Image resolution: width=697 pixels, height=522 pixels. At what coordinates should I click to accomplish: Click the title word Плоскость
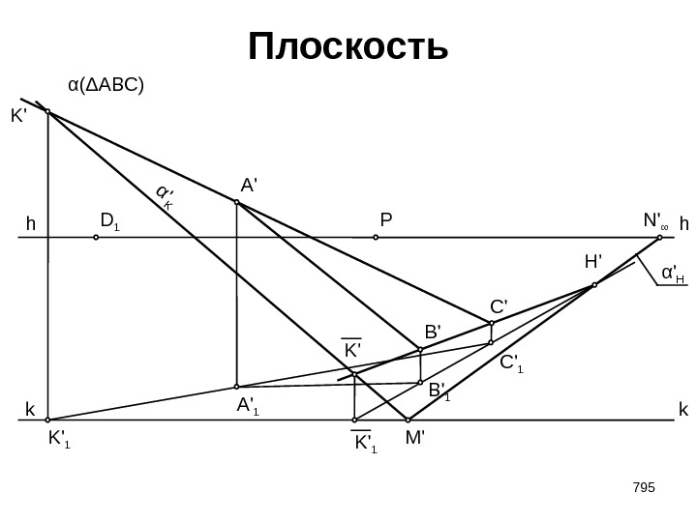348,45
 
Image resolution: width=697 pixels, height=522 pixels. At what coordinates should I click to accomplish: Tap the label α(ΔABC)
106,85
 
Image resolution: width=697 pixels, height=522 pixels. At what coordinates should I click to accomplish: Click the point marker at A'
236,203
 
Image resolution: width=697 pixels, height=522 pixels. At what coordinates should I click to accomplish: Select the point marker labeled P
376,235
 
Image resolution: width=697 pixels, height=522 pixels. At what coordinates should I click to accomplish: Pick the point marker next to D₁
96,235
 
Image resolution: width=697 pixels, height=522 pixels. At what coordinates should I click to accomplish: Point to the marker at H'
594,285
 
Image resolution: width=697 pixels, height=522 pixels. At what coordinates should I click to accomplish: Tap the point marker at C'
492,323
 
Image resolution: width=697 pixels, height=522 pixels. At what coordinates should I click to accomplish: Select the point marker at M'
408,420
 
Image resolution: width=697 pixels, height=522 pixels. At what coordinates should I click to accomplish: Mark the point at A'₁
236,387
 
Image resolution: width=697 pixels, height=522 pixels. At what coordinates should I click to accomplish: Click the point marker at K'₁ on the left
48,420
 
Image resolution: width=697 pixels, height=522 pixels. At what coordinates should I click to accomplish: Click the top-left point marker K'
48,112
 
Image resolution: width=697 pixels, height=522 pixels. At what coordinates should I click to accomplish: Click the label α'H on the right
672,275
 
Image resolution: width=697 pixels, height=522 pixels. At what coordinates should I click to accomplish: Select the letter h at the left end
30,224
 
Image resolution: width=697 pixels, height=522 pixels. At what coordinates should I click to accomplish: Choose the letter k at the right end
682,410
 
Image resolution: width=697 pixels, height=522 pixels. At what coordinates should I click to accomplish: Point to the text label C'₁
511,363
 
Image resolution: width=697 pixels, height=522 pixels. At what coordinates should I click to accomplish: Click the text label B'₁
440,391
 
